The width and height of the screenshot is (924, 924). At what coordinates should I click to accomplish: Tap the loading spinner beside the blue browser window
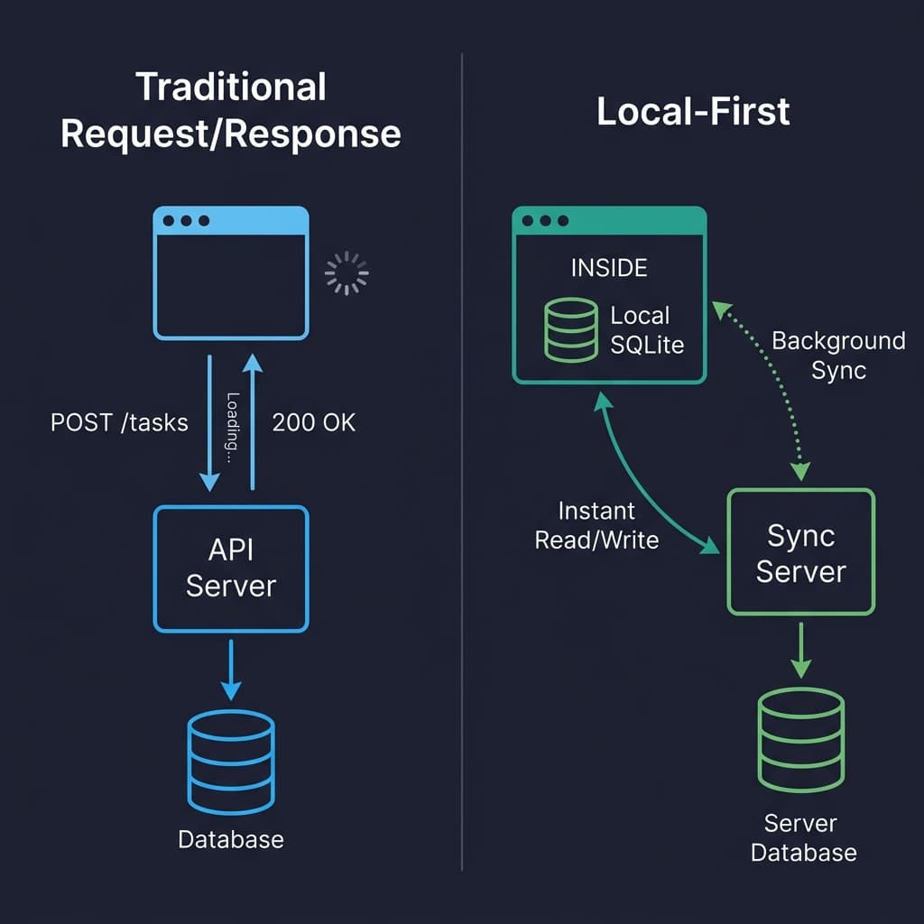[x=346, y=273]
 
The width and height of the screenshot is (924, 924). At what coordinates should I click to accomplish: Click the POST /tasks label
[x=119, y=422]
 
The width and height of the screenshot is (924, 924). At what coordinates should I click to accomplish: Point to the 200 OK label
[x=313, y=422]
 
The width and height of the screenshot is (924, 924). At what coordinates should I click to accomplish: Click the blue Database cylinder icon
[x=231, y=762]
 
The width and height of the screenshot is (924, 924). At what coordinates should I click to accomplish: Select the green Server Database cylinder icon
[x=801, y=740]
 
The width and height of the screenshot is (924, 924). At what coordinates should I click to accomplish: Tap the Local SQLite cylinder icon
[x=570, y=329]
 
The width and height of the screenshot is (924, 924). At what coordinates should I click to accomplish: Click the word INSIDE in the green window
[x=609, y=268]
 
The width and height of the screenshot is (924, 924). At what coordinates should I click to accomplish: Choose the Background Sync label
[x=838, y=356]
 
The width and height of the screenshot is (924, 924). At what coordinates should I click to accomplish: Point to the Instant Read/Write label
[x=596, y=525]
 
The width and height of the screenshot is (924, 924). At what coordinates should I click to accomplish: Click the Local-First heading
[x=693, y=111]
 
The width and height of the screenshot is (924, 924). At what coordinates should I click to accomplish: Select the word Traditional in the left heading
[x=230, y=87]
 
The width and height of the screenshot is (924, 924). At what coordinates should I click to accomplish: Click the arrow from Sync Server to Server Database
[x=801, y=650]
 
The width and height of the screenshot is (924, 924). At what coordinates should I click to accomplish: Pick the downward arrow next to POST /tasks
[x=209, y=423]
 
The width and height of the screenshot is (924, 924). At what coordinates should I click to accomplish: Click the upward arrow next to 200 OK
[x=253, y=421]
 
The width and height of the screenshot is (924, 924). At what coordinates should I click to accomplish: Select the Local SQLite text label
[x=647, y=330]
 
